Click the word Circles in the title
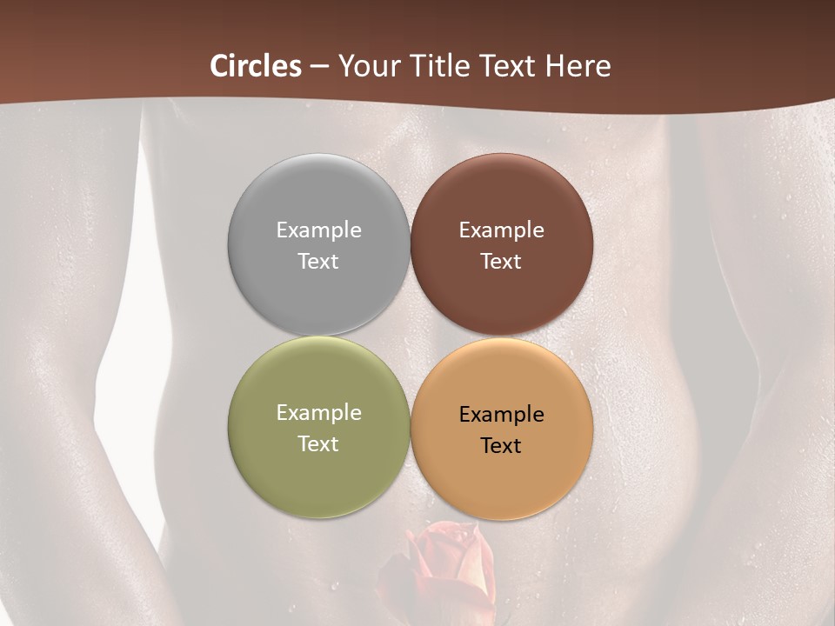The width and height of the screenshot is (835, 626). pyautogui.click(x=256, y=66)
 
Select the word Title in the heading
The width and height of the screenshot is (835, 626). pyautogui.click(x=440, y=66)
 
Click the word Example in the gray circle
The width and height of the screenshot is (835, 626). pyautogui.click(x=318, y=230)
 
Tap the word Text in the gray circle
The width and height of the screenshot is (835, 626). pyautogui.click(x=318, y=261)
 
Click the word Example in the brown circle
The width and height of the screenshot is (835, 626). pyautogui.click(x=501, y=230)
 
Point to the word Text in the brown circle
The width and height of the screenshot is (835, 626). pyautogui.click(x=501, y=261)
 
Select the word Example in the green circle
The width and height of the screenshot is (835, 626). pyautogui.click(x=318, y=412)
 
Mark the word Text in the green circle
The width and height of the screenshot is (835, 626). pyautogui.click(x=318, y=443)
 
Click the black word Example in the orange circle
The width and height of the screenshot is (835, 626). pyautogui.click(x=501, y=414)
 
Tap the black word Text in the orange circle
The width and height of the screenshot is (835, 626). pyautogui.click(x=501, y=445)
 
